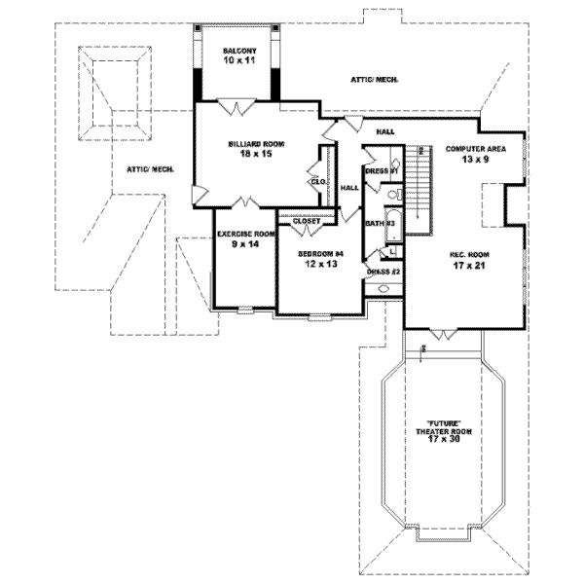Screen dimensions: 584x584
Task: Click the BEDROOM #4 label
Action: coord(321,255)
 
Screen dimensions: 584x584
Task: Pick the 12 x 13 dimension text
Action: coord(321,265)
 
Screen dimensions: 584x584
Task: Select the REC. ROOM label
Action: coord(469,254)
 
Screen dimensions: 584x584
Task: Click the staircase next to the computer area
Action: coord(420,190)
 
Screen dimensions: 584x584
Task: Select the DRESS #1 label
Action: coord(383,171)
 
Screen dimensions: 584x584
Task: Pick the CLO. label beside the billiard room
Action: coord(317,181)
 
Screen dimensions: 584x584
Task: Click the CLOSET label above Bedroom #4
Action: coord(307,221)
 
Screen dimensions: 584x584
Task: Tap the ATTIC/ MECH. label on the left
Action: coord(150,169)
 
